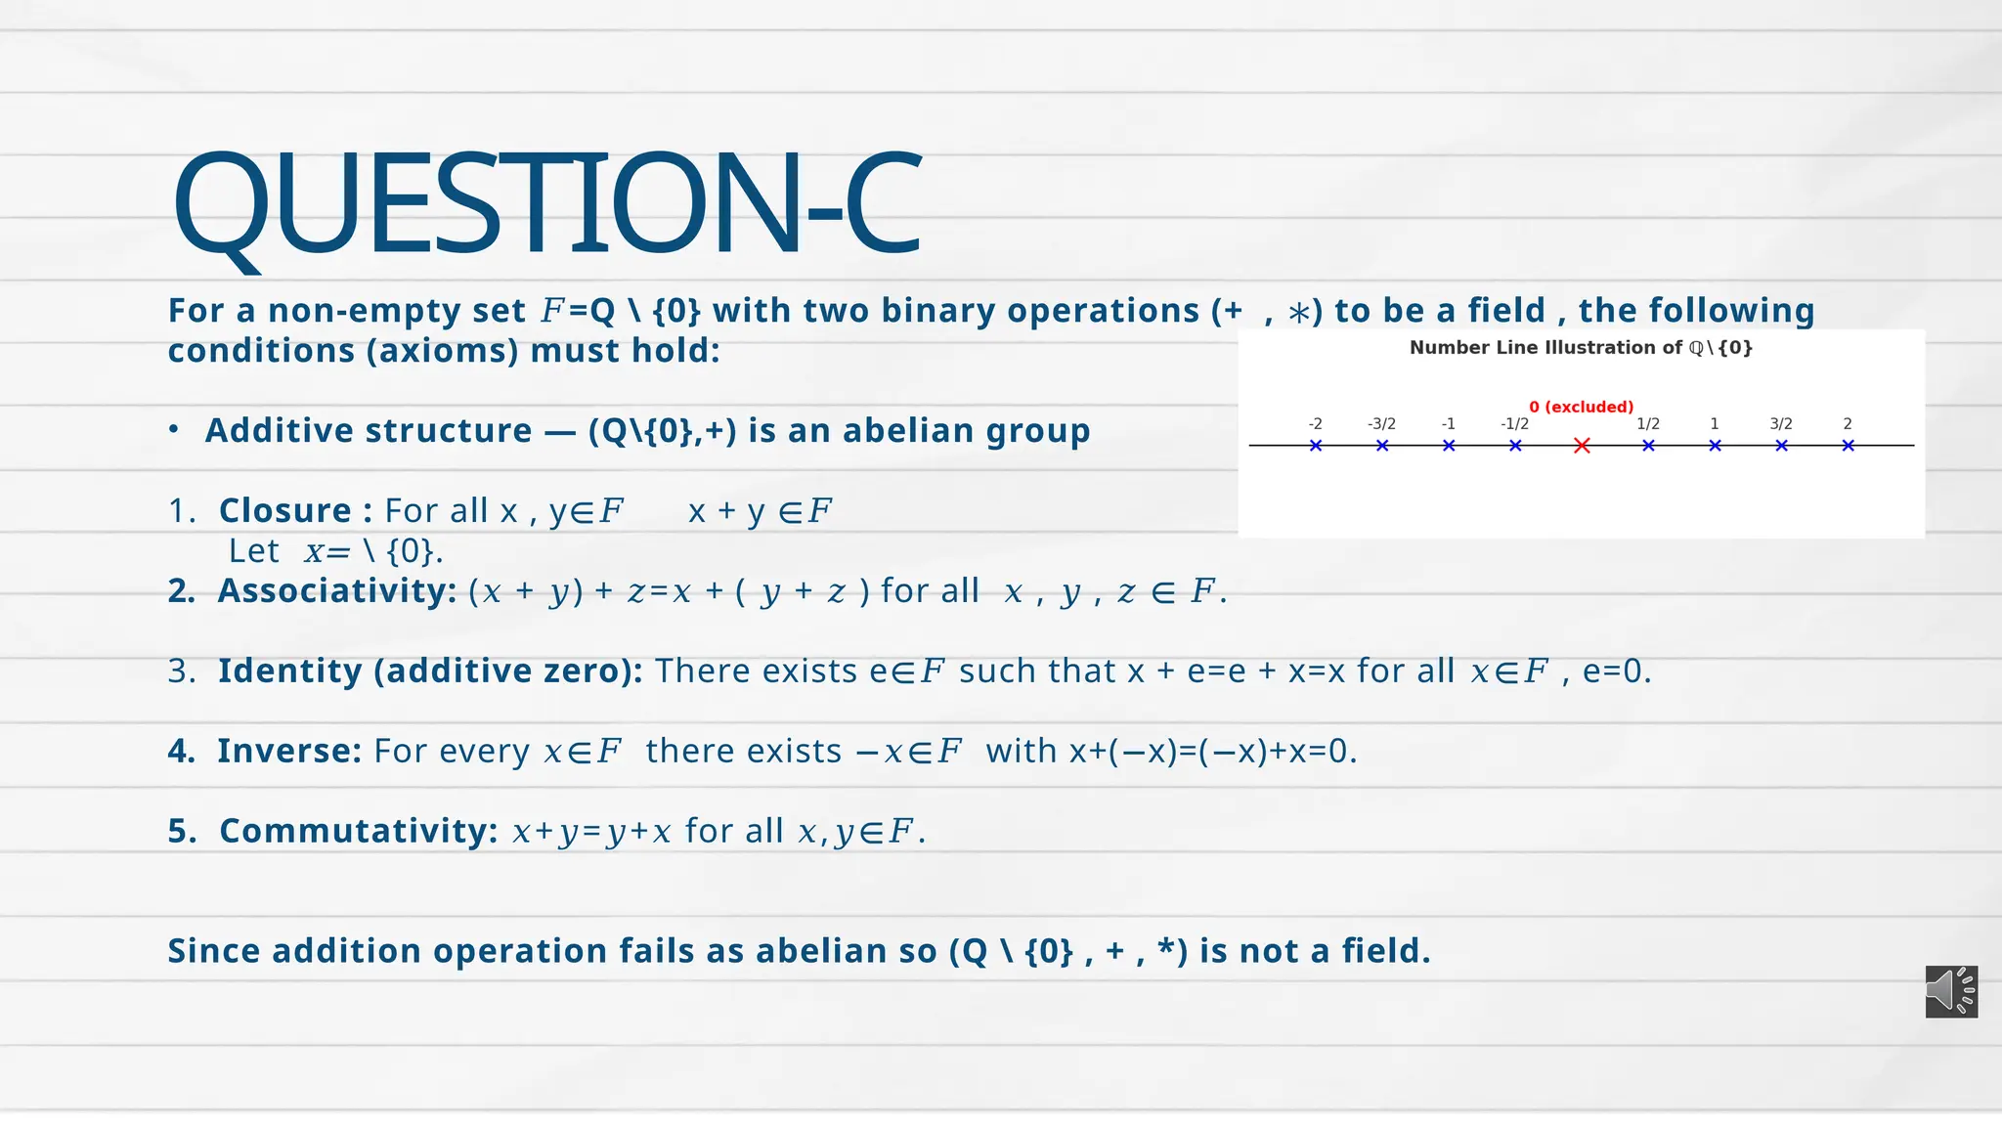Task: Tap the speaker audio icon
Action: click(1951, 991)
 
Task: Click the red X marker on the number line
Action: click(1582, 446)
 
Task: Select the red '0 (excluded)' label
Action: click(1581, 407)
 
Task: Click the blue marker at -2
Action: click(1316, 446)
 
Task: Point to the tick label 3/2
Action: click(1781, 424)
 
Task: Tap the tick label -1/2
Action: click(1514, 424)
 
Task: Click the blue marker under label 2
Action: click(1848, 446)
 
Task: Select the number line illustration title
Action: click(1581, 348)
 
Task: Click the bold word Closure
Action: click(284, 511)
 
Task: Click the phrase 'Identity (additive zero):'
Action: click(430, 671)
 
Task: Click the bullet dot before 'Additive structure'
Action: click(173, 430)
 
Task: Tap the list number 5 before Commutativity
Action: click(181, 831)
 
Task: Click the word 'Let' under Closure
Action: click(254, 551)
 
